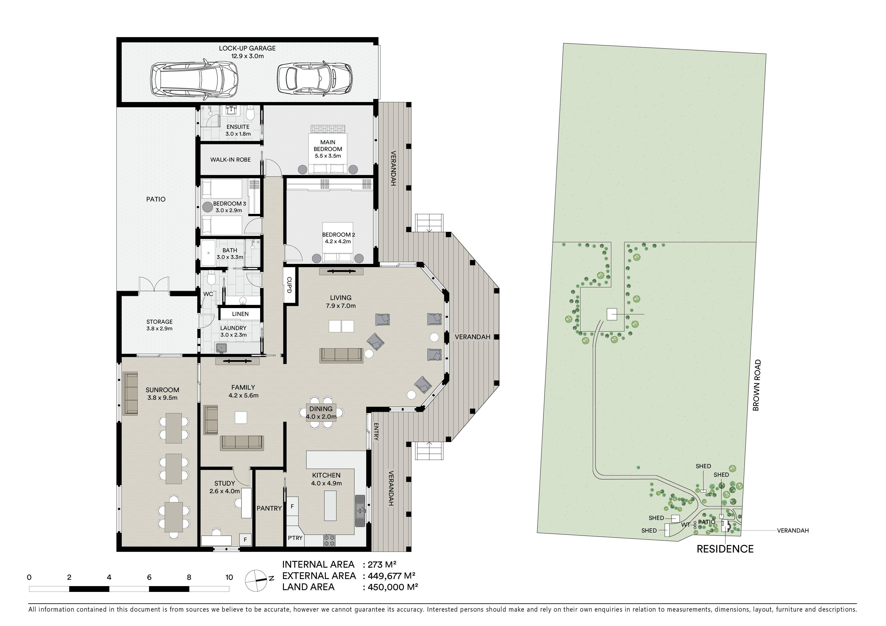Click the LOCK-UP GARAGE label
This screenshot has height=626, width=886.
(x=247, y=48)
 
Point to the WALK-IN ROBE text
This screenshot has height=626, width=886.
(x=230, y=160)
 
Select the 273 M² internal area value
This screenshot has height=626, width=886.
(x=382, y=565)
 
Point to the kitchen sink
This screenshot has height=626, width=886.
(x=360, y=511)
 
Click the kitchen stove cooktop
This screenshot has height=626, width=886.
(x=329, y=540)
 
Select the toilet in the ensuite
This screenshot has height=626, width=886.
(x=250, y=113)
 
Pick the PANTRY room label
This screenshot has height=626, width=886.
(x=269, y=508)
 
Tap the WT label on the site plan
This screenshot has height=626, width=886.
(x=685, y=525)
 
